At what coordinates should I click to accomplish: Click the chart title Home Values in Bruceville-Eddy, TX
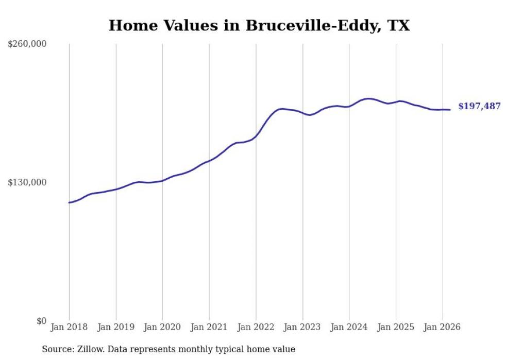point(259,26)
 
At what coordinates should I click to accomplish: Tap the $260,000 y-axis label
point(27,44)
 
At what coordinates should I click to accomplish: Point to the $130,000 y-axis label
point(27,183)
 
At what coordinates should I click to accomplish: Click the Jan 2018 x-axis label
point(69,328)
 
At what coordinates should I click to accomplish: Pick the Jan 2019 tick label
point(116,328)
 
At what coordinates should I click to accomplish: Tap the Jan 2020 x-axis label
point(162,328)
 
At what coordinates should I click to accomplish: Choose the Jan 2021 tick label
point(209,328)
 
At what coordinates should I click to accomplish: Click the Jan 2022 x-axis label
point(256,328)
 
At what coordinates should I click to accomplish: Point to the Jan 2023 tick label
point(302,328)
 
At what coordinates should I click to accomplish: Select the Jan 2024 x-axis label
point(349,328)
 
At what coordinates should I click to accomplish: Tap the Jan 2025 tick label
point(396,328)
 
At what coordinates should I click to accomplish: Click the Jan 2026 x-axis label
point(442,328)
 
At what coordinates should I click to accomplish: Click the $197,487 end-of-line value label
point(479,107)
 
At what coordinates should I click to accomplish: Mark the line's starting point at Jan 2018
point(69,202)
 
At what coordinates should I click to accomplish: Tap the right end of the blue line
point(450,110)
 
